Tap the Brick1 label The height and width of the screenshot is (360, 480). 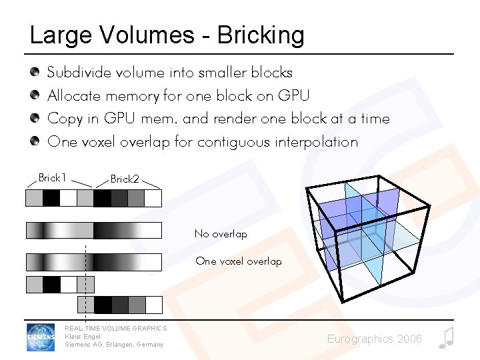52,177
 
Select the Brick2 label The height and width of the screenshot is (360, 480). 125,179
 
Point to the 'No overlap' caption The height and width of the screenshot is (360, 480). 221,234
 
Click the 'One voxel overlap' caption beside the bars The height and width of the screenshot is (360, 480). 239,261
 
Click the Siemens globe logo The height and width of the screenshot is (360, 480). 41,337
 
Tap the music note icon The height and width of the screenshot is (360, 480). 446,338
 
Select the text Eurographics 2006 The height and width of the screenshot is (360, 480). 374,339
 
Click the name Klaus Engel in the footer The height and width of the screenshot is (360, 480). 83,336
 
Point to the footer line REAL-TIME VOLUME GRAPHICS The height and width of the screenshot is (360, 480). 115,328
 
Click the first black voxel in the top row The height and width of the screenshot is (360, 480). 51,198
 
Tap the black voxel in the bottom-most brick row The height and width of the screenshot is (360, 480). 103,305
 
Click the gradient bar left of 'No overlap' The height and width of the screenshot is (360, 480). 93,231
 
